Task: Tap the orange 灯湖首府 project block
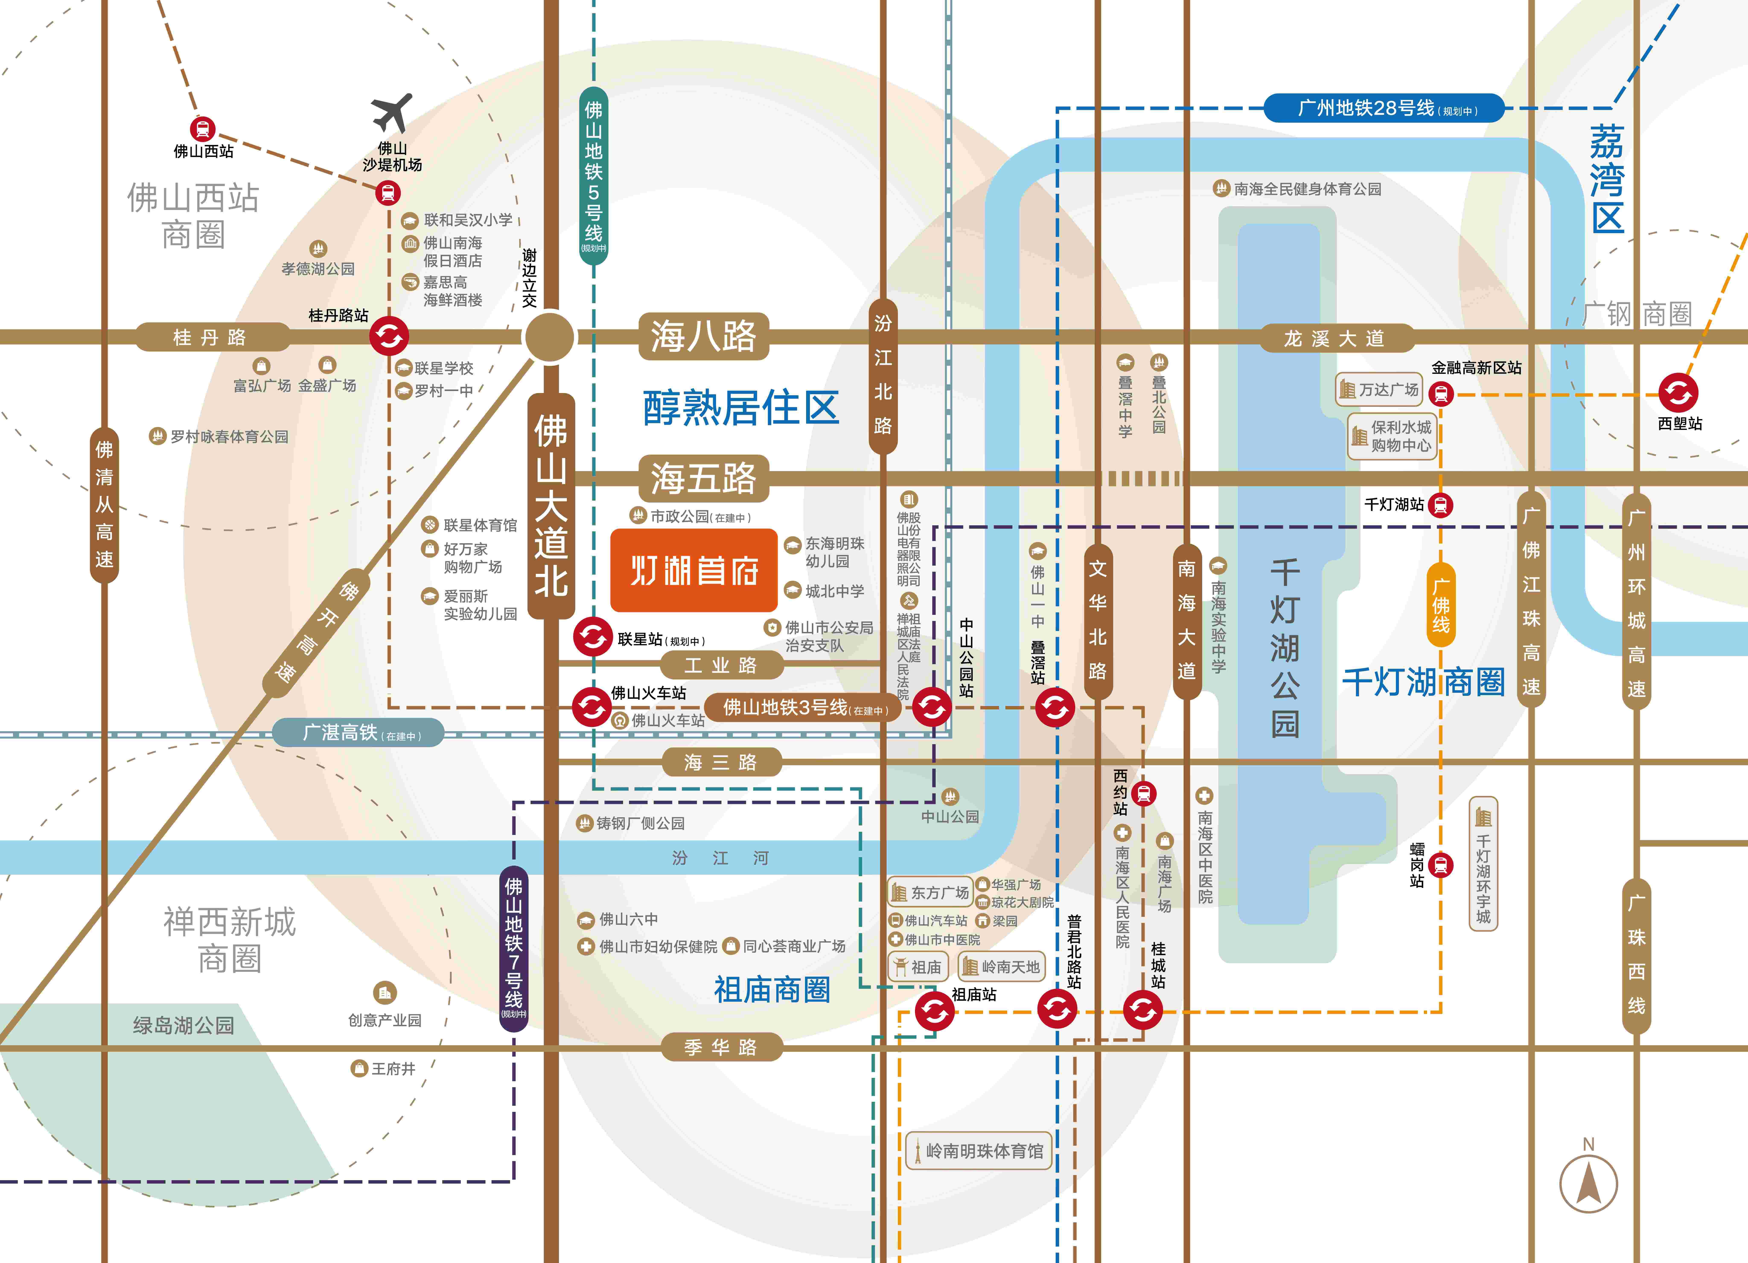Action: pos(694,570)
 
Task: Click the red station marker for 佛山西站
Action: pos(203,129)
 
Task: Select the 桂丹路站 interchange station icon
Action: pos(388,336)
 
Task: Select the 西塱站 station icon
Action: pos(1678,393)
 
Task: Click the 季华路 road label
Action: pos(721,1047)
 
